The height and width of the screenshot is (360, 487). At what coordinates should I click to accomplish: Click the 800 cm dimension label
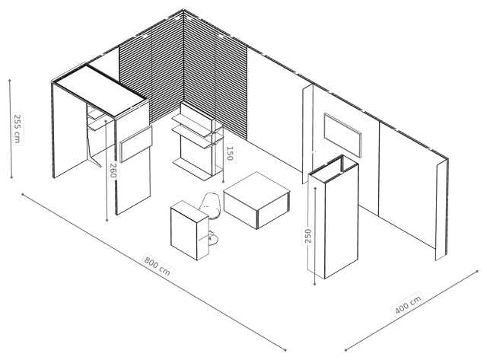click(x=158, y=265)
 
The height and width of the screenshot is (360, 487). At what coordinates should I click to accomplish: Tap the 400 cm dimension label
click(x=408, y=304)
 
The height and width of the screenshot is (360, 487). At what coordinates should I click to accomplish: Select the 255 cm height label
click(x=18, y=129)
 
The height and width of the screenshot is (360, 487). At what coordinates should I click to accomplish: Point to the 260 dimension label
click(x=113, y=170)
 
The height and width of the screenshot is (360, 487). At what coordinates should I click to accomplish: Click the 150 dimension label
click(x=230, y=153)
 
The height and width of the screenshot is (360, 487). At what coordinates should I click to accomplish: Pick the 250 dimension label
click(x=307, y=236)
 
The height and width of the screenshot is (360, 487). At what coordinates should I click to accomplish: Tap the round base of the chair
click(x=213, y=238)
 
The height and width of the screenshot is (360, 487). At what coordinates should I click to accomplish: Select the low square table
click(x=257, y=200)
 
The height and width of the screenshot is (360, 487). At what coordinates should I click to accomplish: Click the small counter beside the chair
click(x=189, y=231)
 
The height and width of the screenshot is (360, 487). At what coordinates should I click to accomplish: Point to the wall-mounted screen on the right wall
click(x=343, y=135)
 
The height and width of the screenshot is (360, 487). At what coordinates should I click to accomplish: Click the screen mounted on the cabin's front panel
click(x=136, y=144)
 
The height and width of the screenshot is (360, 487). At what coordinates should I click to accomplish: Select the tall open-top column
click(x=333, y=217)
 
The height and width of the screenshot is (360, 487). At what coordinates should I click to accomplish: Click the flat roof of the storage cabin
click(x=100, y=90)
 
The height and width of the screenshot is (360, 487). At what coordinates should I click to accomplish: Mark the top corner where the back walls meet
click(x=183, y=10)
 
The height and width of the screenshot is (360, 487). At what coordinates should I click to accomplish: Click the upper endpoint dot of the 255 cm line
click(x=10, y=81)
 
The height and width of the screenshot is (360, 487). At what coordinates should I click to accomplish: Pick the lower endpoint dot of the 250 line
click(x=314, y=284)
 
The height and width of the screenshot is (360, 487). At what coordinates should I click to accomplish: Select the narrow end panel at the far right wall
click(x=441, y=211)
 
